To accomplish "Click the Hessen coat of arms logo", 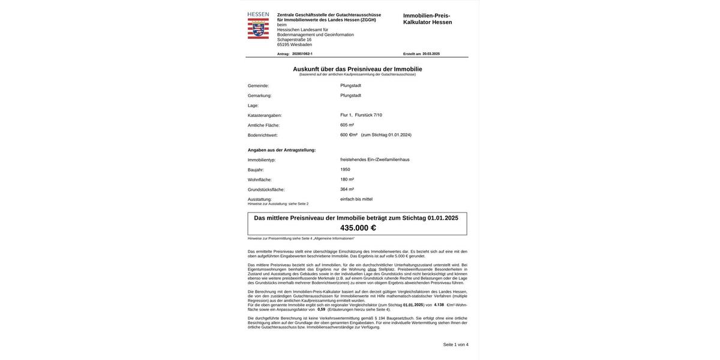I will pos(258,28).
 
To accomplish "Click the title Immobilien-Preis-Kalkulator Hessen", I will pos(427,19).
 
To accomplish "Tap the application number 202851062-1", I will pos(302,54).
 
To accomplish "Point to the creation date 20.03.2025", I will pos(431,54).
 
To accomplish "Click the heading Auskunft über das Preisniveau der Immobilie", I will pos(357,69).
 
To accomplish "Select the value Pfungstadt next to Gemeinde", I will pos(350,86).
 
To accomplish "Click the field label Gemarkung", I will pos(259,96).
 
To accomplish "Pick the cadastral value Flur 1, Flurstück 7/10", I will pos(361,115).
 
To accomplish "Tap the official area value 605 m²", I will pos(347,125).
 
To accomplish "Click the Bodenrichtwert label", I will pos(262,136).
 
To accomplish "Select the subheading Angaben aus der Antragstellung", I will pos(281,150).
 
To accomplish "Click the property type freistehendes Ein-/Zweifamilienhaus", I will pos(374,160).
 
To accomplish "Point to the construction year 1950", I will pos(345,170).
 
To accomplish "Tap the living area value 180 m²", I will pos(347,179).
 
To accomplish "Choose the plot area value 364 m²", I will pos(347,190).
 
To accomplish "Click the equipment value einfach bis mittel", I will pos(356,199).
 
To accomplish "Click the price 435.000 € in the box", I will pos(358,228).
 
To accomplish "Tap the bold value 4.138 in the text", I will pos(439,305).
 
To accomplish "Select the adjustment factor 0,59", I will pos(321,310).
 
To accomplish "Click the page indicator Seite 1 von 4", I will pos(455,345).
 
